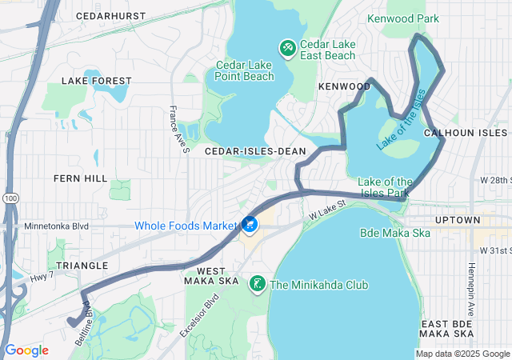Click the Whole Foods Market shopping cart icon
250,225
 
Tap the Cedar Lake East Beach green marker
286,49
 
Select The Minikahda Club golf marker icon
258,284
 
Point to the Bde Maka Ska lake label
395,233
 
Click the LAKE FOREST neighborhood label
96,81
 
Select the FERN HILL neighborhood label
80,178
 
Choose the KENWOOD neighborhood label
345,86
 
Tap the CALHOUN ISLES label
466,132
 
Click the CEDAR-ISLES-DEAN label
250,150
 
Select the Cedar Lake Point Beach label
246,71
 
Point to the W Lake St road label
327,210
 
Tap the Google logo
27,350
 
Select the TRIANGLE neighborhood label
82,265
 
